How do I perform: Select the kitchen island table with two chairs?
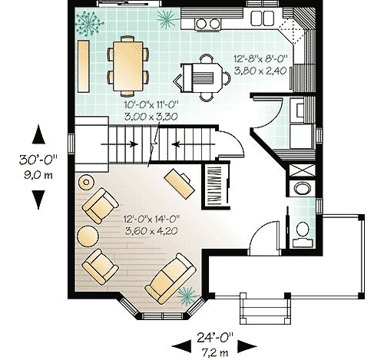coord(202,77)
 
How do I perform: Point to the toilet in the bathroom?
coord(302,230)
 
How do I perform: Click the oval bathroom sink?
coord(301,189)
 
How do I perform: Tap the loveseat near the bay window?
coord(170,279)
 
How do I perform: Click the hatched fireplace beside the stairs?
coord(215,185)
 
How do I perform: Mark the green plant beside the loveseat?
coord(185,293)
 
